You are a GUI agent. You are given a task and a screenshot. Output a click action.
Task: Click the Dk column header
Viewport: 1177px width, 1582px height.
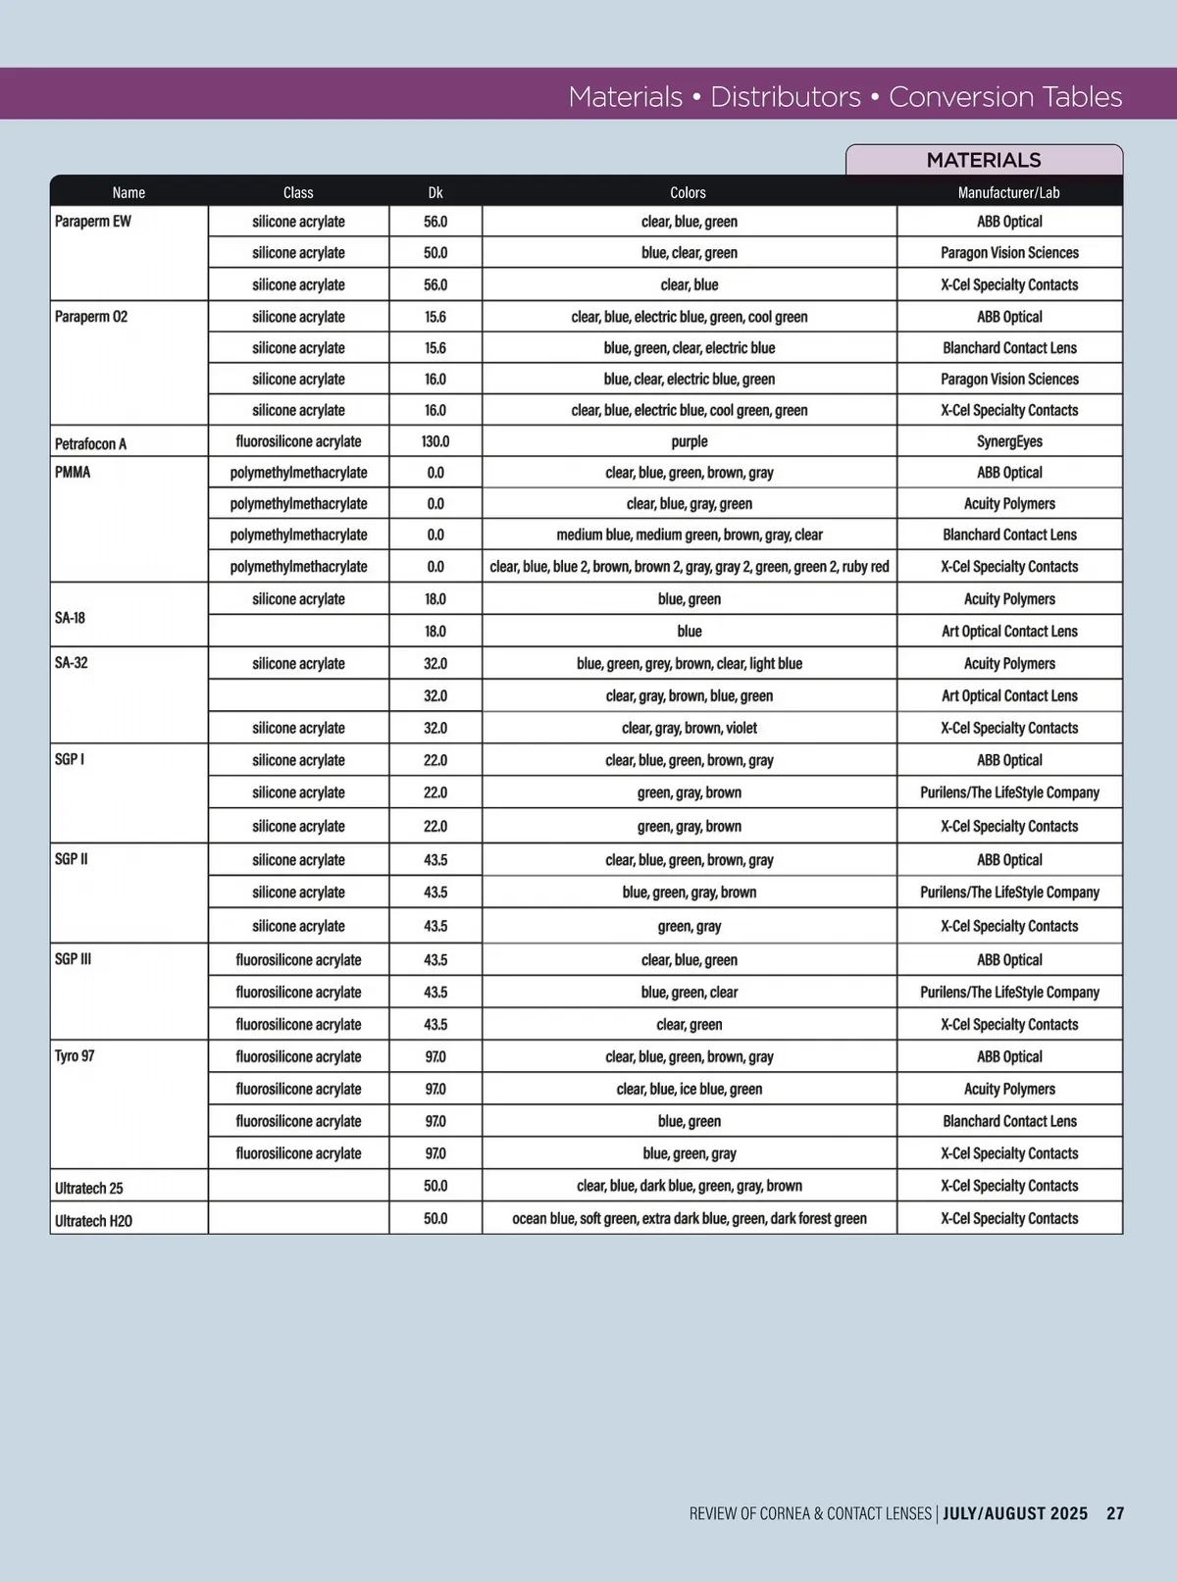click(435, 192)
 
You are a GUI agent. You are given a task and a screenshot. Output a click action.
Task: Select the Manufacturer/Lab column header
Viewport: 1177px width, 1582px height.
click(1008, 192)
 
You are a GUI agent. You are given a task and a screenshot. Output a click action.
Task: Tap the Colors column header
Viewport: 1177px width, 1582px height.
click(688, 192)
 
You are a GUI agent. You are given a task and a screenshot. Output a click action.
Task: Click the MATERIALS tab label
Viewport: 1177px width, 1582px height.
click(984, 160)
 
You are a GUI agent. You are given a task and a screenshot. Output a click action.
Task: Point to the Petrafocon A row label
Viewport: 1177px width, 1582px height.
click(90, 443)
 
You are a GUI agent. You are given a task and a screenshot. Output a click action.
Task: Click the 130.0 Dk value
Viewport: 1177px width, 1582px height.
click(435, 441)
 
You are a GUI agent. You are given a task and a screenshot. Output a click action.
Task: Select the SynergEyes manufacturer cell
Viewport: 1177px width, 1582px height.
click(1009, 441)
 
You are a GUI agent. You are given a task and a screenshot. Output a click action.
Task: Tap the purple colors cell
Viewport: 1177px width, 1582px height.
click(689, 441)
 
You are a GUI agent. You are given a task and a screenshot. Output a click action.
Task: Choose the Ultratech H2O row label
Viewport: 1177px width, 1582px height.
click(93, 1220)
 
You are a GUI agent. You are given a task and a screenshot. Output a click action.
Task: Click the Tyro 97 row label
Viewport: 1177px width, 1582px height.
click(75, 1056)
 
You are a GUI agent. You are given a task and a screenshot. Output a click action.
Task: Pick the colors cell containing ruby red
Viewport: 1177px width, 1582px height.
click(689, 566)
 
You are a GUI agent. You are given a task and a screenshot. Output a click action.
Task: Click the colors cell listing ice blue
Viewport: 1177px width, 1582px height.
click(689, 1089)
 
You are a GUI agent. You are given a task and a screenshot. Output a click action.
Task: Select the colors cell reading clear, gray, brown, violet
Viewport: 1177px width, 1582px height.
click(689, 728)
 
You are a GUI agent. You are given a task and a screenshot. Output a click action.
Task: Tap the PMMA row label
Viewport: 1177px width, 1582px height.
click(73, 472)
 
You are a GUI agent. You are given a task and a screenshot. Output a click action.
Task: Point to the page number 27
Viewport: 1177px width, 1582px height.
click(1115, 1513)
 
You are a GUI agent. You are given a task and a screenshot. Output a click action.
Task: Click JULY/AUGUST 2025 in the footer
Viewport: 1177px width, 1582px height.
click(1015, 1513)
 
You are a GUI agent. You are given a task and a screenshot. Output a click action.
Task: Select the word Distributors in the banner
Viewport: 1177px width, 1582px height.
click(785, 96)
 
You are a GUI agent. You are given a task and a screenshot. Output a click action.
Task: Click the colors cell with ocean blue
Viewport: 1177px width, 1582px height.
click(689, 1218)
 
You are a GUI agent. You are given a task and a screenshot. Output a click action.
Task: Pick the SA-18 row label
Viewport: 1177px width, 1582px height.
click(70, 618)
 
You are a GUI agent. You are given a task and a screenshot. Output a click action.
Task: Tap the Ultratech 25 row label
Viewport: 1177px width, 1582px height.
click(88, 1188)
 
